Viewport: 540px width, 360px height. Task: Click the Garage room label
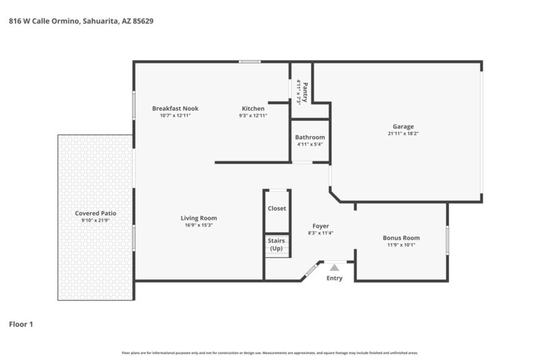[x=403, y=126]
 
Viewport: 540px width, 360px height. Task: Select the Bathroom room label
[x=310, y=137]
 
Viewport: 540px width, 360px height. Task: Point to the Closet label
[x=277, y=209]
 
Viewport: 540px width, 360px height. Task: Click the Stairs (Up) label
[x=276, y=245]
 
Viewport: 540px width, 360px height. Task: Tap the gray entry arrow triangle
[x=334, y=268]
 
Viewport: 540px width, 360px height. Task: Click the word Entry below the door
[x=334, y=278]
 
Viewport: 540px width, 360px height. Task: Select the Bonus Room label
[x=401, y=238]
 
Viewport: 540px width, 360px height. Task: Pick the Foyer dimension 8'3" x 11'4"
[x=321, y=233]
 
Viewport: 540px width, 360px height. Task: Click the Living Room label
[x=198, y=217]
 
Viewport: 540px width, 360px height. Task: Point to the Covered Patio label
[x=96, y=213]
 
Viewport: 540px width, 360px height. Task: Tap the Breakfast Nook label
[x=175, y=108]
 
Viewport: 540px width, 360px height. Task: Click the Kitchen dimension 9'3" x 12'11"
[x=253, y=115]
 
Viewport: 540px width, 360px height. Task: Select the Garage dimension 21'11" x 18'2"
[x=403, y=134]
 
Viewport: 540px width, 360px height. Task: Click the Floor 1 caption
[x=21, y=324]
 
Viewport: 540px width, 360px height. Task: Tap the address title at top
[x=81, y=21]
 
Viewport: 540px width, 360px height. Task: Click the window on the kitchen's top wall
[x=250, y=62]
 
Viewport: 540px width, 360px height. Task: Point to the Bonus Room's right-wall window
[x=447, y=240]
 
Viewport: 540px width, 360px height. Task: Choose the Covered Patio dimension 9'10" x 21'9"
[x=96, y=221]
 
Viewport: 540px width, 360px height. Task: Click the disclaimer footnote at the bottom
[x=270, y=353]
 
